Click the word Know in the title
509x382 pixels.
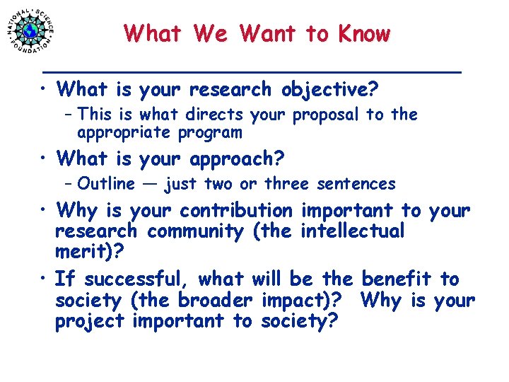364,33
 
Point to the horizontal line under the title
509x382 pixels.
251,71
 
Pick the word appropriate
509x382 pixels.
119,132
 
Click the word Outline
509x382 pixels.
106,184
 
